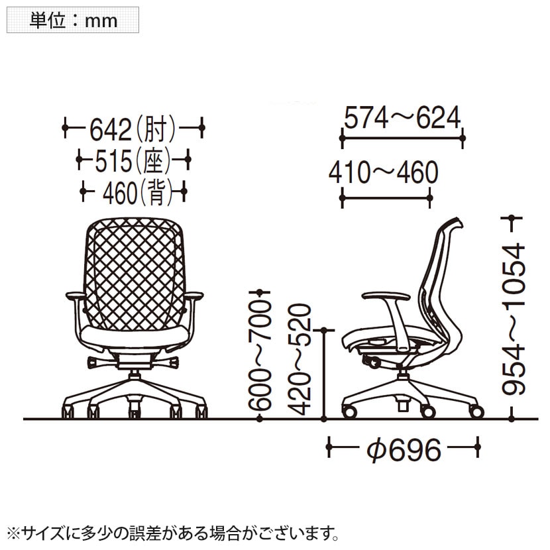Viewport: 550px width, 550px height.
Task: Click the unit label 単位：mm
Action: [x=73, y=20]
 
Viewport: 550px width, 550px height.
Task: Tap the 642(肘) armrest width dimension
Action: [x=133, y=127]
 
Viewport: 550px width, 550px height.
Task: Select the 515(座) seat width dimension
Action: [x=133, y=160]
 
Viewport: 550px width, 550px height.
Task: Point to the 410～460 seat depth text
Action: [x=384, y=173]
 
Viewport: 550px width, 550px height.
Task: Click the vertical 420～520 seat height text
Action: [x=300, y=358]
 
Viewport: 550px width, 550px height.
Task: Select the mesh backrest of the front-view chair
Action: [x=135, y=272]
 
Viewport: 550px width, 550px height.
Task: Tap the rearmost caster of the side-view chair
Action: [x=475, y=411]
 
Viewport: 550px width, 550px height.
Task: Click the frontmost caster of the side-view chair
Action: [x=349, y=412]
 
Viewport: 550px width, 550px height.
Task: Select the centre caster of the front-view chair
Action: [x=135, y=412]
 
